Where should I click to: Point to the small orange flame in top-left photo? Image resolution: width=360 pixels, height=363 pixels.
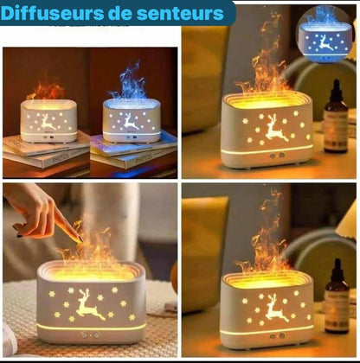48,90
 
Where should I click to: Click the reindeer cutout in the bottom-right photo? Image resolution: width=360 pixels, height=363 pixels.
276,306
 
